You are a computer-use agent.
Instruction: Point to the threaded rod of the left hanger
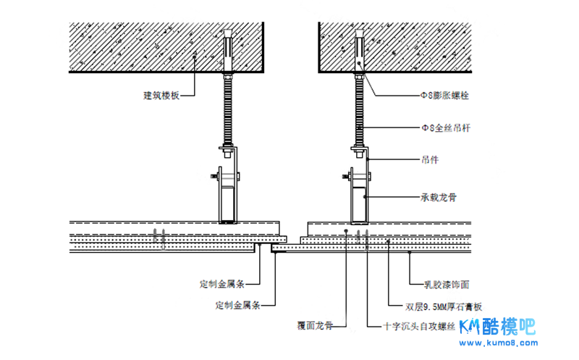point(229,109)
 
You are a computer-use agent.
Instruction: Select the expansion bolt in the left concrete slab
point(229,47)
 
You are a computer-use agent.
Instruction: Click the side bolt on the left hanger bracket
point(218,175)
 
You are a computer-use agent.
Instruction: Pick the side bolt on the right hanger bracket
point(347,175)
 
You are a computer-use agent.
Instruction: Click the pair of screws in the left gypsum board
point(160,236)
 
